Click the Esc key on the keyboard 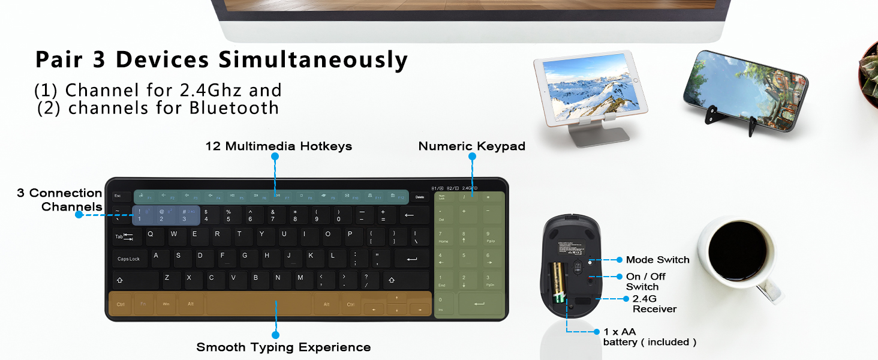click(x=118, y=196)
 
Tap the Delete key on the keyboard click(x=420, y=197)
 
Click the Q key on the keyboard click(x=151, y=235)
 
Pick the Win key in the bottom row click(x=166, y=304)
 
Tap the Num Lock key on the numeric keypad click(x=442, y=197)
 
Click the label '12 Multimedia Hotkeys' click(x=278, y=146)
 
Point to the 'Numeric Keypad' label click(x=471, y=146)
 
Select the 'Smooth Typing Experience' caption click(x=283, y=347)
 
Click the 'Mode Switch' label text click(x=657, y=260)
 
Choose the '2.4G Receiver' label click(x=654, y=304)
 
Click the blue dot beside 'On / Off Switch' click(x=619, y=277)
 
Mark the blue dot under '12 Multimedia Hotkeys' click(x=275, y=157)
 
